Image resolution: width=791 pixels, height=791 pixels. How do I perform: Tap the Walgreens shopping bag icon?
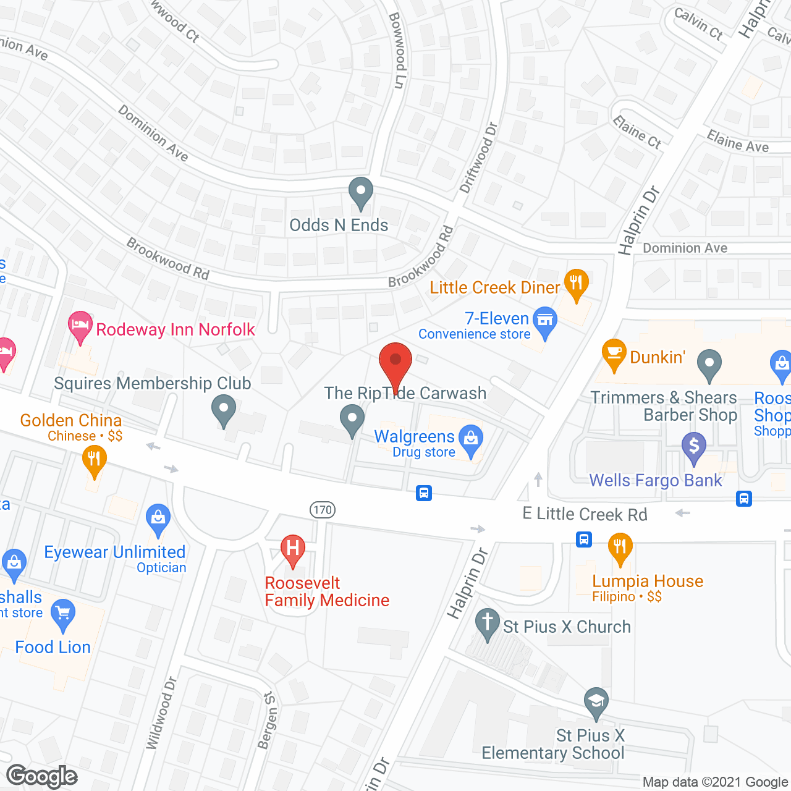[471, 439]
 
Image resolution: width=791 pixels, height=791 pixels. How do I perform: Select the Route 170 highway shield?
[323, 510]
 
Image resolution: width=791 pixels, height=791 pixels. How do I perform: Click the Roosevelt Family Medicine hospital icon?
[293, 549]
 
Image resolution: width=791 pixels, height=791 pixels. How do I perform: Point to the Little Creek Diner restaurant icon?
[576, 284]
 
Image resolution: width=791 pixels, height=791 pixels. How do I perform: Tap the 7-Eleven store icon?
[545, 321]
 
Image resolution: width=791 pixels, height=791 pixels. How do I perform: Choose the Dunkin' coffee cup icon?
[614, 353]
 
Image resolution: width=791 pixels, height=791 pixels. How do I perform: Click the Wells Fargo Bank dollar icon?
[693, 446]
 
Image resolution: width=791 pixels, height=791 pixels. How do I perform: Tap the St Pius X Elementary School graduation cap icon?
[596, 702]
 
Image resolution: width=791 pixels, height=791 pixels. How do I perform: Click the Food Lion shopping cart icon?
[62, 614]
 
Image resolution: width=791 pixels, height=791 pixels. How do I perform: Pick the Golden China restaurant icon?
[94, 460]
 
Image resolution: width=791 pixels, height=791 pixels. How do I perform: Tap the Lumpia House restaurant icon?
[620, 548]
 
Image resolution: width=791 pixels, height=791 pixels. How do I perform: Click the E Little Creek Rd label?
[585, 514]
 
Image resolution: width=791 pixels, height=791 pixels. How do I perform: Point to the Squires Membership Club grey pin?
[224, 410]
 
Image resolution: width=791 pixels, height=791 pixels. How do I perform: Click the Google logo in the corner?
[42, 776]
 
